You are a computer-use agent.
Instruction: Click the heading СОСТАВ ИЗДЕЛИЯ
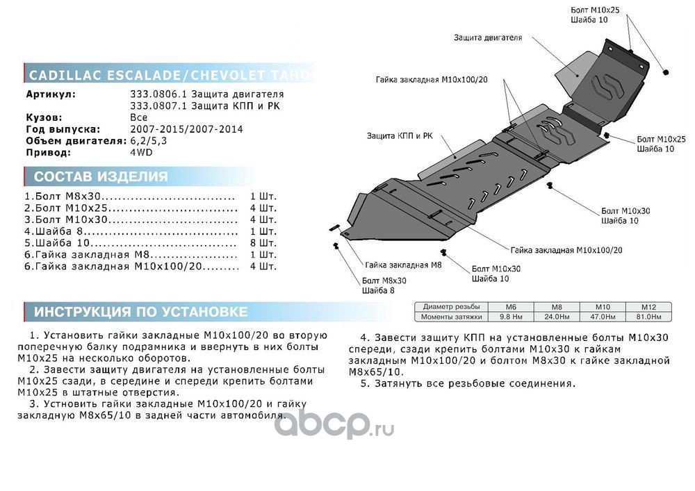101,176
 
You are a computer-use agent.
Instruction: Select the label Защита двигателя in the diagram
488,38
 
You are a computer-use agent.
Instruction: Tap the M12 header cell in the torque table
648,307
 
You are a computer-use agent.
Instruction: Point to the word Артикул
51,94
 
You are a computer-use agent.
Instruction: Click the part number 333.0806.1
154,94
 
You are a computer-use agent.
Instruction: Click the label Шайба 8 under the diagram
378,290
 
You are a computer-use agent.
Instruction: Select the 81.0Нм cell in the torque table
648,317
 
